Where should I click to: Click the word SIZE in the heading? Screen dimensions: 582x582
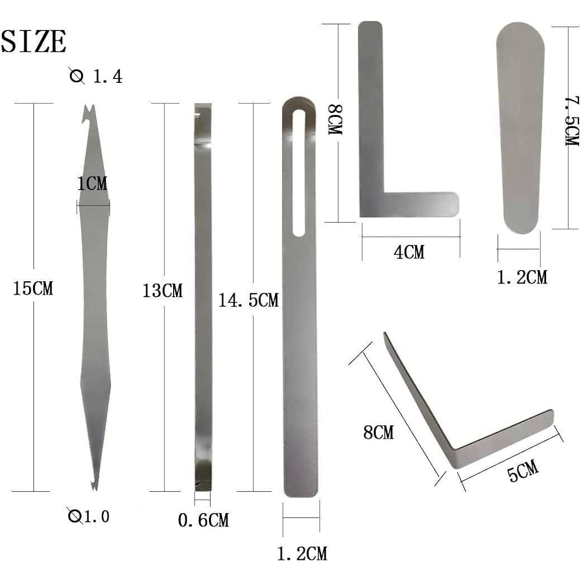(33, 41)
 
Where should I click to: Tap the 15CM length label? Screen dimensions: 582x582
(33, 288)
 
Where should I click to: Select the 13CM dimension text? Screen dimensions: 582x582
(162, 291)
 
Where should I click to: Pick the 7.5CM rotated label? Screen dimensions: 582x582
(572, 121)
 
